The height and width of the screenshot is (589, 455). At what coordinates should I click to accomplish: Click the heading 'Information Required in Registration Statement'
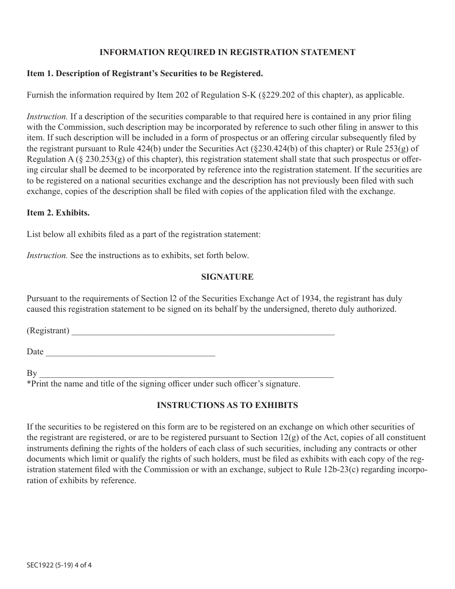[227, 52]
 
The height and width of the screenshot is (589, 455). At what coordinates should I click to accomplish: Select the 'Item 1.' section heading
[145, 74]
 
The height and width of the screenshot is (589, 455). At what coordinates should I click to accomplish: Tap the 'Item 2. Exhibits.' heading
[58, 213]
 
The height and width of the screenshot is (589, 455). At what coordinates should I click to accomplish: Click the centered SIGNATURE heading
[227, 277]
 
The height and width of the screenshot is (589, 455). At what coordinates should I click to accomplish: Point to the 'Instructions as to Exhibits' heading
[227, 405]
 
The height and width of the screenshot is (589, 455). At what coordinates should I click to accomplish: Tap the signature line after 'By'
[186, 374]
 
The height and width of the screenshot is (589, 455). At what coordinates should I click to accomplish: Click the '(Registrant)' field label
[48, 331]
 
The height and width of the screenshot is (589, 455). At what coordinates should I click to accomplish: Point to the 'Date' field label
[35, 352]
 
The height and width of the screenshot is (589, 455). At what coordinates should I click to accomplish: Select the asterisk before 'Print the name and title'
[29, 383]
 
